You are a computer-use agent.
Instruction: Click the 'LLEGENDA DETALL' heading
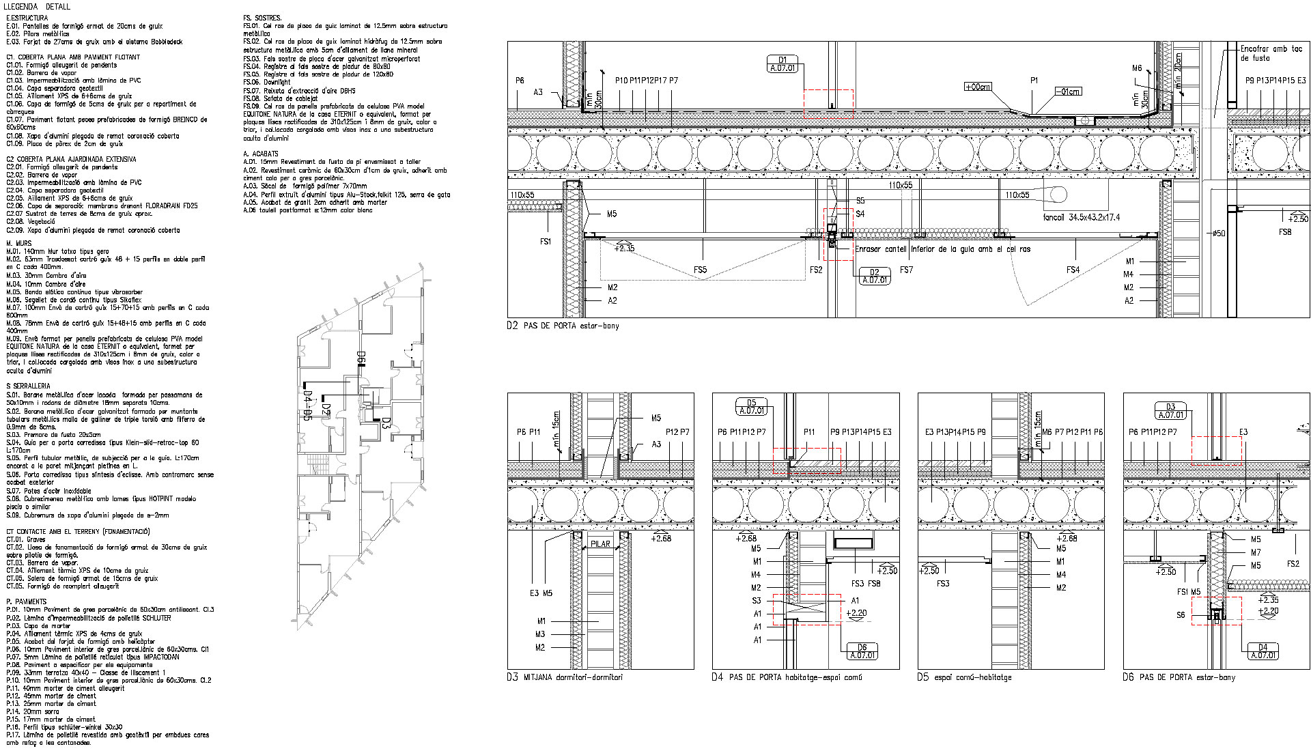(38, 6)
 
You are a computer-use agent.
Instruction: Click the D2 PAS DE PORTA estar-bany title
(563, 326)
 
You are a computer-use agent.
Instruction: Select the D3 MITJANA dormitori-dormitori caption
(565, 677)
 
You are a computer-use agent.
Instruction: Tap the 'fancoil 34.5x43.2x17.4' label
(1082, 217)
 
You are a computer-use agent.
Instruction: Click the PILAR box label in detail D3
(601, 544)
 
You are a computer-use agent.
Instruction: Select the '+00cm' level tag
(977, 87)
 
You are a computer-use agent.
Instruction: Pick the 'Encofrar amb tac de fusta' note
(1271, 53)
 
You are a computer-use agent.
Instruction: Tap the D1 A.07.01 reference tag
(783, 64)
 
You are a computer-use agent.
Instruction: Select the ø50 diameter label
(1219, 233)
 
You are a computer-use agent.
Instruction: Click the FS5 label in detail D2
(700, 270)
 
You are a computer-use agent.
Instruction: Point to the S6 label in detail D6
(1181, 615)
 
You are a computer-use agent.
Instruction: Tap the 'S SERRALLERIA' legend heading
(28, 386)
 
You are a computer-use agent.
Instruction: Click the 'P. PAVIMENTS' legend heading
(26, 601)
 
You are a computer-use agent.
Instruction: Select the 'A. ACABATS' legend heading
(261, 154)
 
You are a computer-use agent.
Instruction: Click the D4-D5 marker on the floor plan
(307, 406)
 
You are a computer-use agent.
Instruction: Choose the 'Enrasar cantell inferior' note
(942, 249)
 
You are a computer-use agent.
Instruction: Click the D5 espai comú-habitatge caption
(964, 677)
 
